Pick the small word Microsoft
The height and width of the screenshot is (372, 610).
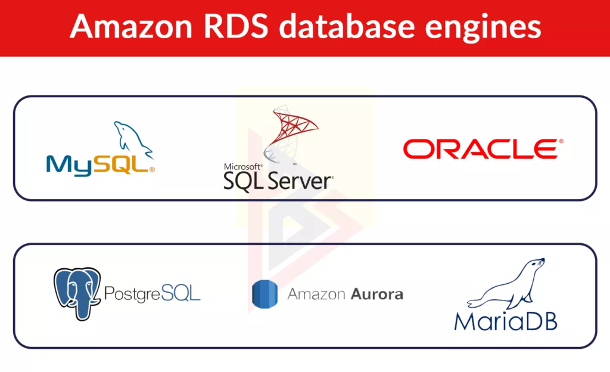point(242,167)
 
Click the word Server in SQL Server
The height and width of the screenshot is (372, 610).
point(301,179)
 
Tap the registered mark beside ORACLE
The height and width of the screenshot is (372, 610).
point(561,141)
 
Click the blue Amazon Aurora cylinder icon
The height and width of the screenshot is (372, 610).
point(264,294)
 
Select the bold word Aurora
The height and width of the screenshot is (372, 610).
point(376,294)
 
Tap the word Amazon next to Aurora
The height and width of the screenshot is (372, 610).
point(317,294)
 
